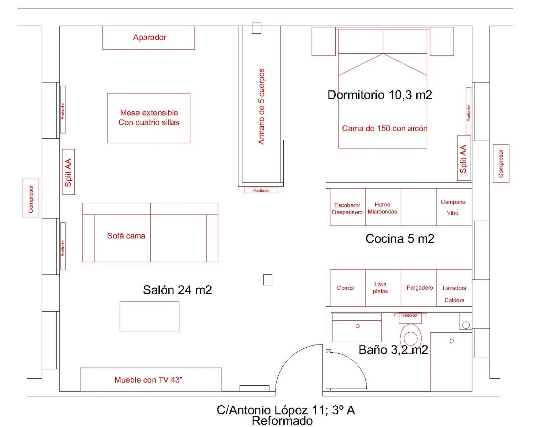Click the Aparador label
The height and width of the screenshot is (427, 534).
(150, 37)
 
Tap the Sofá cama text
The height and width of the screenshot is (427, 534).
(126, 236)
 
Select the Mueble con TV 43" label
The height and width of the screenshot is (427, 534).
(148, 380)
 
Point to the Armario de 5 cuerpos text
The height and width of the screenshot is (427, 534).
(261, 106)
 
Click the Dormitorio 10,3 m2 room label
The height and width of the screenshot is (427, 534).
(379, 95)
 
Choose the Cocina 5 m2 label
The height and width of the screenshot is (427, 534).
(400, 239)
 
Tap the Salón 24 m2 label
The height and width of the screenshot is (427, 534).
(177, 290)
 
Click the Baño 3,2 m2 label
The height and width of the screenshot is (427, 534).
(393, 350)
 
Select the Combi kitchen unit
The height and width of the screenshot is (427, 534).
(348, 288)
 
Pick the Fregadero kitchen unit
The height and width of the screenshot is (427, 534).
(419, 288)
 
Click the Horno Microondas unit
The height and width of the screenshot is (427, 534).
(383, 207)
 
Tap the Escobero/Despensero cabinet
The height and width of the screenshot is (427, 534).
(348, 207)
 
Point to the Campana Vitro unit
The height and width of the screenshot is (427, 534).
(454, 207)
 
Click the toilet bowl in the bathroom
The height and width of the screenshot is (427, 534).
(411, 337)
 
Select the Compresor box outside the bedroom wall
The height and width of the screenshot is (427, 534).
(501, 164)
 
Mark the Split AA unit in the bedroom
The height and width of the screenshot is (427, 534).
(464, 158)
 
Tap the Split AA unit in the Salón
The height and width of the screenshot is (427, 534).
(68, 172)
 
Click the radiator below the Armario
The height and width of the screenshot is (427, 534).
(261, 191)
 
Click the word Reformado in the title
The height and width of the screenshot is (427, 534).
(282, 421)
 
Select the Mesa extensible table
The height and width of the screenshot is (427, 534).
(149, 118)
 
